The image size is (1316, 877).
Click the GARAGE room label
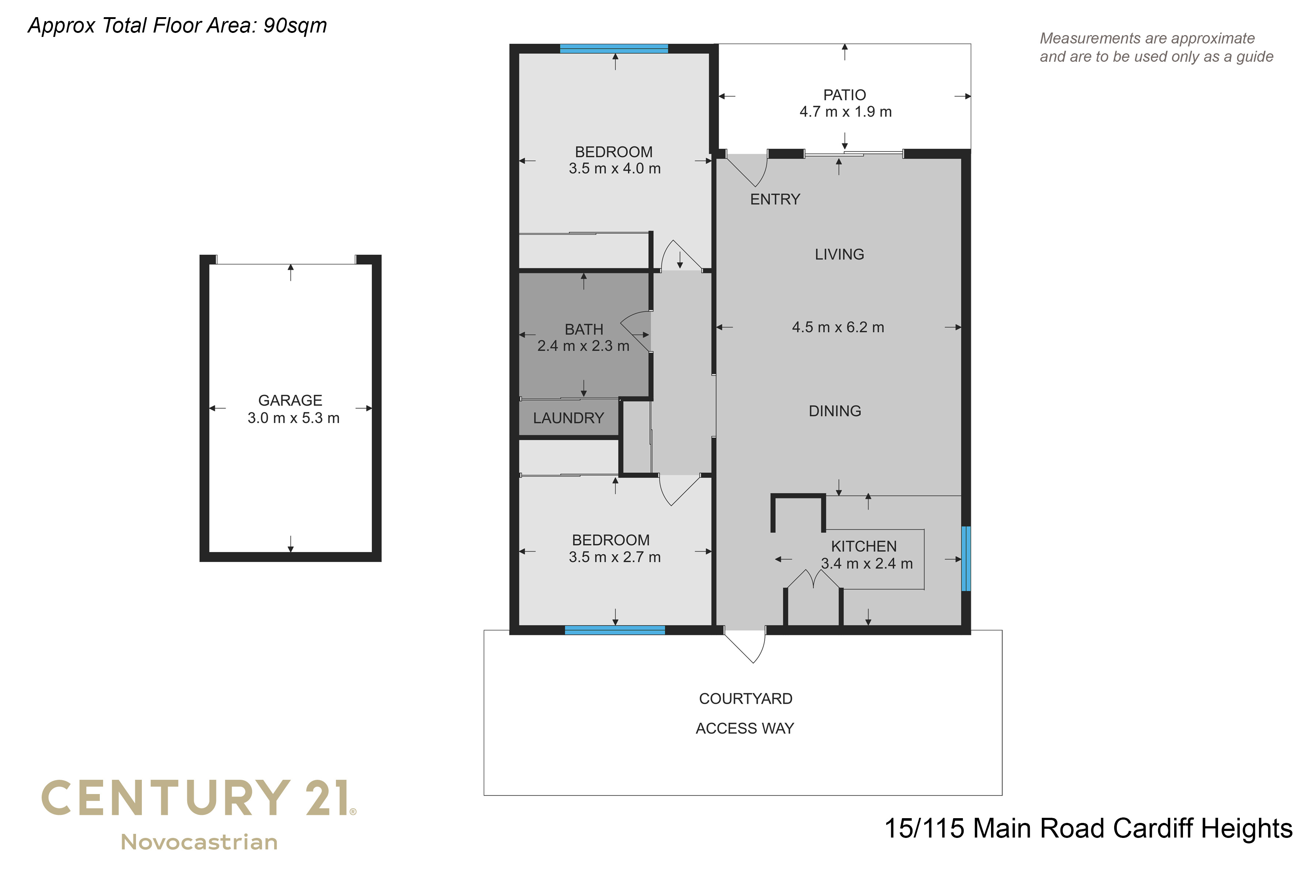point(290,400)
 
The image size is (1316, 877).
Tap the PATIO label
point(844,95)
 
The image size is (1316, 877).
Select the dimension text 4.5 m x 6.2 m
point(837,327)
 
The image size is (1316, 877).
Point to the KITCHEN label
point(863,546)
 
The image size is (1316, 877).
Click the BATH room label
point(583,330)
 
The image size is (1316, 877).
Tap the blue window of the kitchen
point(966,558)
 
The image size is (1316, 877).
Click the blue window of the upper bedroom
point(614,49)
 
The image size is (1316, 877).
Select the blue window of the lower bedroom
point(614,630)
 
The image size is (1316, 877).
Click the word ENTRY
point(775,199)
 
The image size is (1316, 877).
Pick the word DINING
point(835,411)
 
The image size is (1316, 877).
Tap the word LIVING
point(839,254)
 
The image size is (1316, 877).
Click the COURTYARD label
point(745,699)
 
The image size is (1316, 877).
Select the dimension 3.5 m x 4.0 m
point(614,168)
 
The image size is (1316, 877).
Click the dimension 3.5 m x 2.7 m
point(614,557)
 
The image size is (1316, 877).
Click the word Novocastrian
point(199,842)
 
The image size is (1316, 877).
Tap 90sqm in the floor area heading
point(295,26)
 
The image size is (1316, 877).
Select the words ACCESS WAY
point(745,728)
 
